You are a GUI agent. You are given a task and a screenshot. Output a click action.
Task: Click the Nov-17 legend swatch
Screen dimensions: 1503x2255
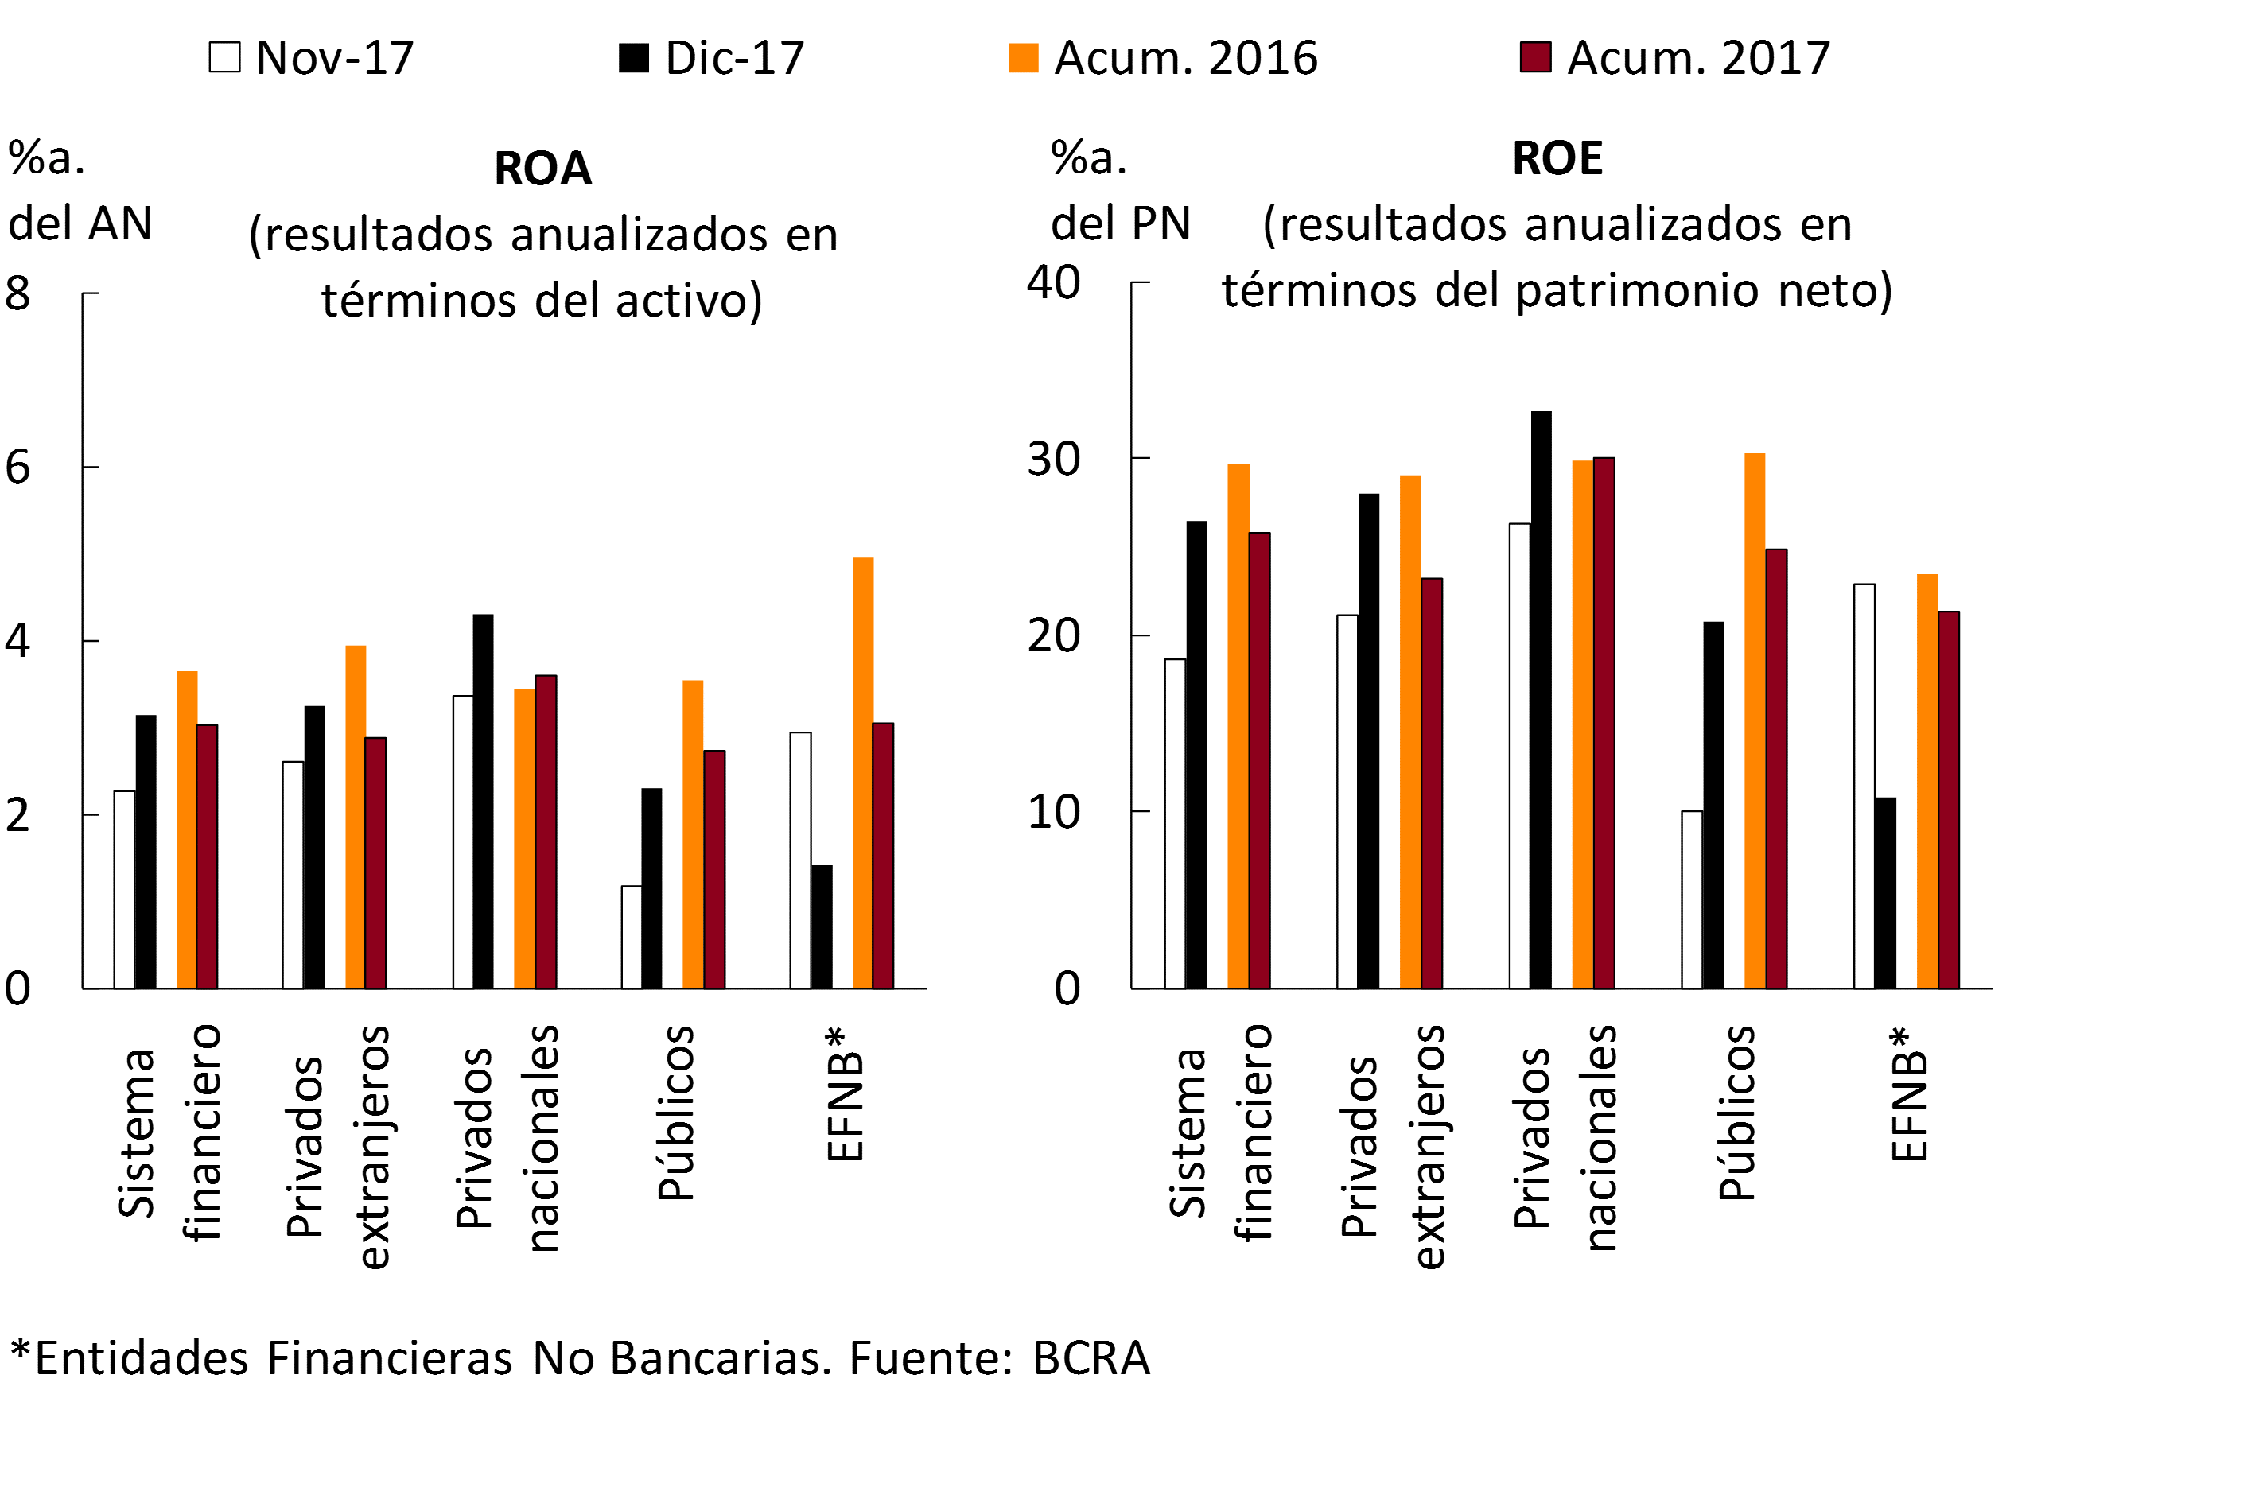click(224, 57)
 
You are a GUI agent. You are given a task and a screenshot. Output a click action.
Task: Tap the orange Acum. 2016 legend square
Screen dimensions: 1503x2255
click(1023, 57)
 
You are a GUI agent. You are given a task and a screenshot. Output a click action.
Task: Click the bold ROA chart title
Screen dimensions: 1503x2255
click(542, 169)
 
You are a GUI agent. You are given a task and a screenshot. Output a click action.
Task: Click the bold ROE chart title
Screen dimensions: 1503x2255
click(1557, 158)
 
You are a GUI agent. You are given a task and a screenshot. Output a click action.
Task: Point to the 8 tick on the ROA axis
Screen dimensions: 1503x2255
click(17, 293)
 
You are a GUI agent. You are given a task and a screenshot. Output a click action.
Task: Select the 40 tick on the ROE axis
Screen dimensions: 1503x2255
click(1052, 283)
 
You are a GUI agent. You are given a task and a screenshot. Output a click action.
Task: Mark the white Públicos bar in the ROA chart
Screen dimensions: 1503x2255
click(632, 937)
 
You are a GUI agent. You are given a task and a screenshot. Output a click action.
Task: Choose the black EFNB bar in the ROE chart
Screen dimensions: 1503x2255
click(1885, 892)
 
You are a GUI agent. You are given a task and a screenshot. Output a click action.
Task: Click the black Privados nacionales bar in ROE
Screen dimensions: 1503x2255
click(1541, 700)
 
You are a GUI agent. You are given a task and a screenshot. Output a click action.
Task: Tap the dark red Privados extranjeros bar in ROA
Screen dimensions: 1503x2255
click(375, 863)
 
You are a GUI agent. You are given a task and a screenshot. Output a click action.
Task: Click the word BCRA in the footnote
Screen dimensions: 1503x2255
click(1091, 1358)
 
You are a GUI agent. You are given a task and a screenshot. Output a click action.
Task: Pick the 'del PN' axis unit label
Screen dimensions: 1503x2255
click(1120, 223)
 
